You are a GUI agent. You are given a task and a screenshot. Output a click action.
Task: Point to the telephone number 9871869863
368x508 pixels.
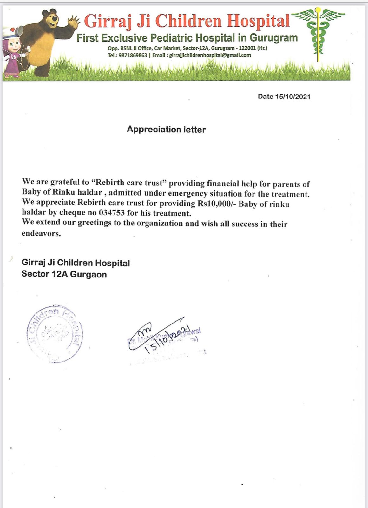pos(133,55)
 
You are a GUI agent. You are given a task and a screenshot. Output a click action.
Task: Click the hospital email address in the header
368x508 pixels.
pos(210,55)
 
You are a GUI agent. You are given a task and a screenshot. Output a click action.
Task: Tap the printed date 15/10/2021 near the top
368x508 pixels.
pos(292,97)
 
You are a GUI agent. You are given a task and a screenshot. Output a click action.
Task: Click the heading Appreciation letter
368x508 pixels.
pos(166,130)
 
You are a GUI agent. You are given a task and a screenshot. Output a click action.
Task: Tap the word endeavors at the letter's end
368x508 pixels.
pos(41,234)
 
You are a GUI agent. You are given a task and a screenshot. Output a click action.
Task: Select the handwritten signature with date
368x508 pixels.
pos(162,337)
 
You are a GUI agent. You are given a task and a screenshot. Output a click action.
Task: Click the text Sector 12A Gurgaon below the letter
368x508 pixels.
pos(64,274)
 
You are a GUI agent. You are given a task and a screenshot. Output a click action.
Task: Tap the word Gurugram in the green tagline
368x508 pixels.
pos(273,38)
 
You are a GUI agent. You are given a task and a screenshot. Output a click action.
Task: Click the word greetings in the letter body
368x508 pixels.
pos(95,223)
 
